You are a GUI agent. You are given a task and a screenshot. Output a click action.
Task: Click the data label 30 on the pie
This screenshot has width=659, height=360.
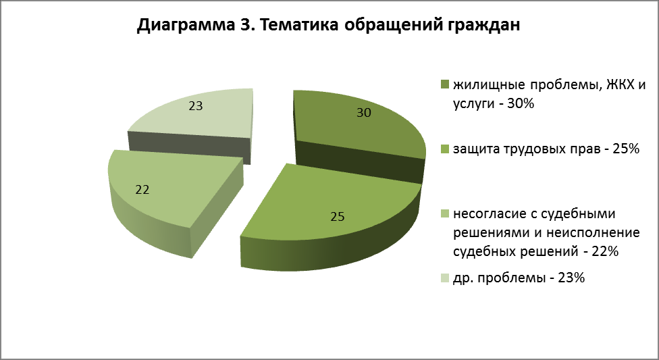point(364,113)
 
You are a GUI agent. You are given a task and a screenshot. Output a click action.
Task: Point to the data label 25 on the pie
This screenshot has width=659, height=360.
point(337,217)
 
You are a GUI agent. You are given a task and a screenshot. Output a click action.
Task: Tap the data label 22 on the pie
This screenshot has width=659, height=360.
point(142,190)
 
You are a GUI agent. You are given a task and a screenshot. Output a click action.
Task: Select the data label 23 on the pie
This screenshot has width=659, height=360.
point(195,105)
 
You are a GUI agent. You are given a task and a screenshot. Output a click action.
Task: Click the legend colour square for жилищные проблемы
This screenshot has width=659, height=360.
point(445,84)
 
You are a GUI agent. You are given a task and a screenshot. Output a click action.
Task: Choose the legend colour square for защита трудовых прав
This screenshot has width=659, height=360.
point(445,149)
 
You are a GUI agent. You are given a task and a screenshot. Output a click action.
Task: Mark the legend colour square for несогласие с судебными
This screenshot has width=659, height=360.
point(445,213)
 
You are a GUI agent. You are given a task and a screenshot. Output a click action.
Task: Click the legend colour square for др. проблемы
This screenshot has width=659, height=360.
point(445,278)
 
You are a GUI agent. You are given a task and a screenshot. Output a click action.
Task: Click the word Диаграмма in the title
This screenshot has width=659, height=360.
point(186,25)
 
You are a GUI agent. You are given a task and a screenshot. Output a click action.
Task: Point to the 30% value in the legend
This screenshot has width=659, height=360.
point(521,103)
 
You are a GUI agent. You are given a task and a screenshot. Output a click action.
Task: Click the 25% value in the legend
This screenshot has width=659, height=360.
point(626,149)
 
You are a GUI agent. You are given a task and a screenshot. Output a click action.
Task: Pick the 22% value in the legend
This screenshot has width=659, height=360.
point(605,251)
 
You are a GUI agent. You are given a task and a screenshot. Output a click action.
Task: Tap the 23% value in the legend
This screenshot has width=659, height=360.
point(571,278)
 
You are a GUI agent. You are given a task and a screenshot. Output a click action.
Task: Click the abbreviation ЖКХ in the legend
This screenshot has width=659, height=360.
point(619,84)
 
